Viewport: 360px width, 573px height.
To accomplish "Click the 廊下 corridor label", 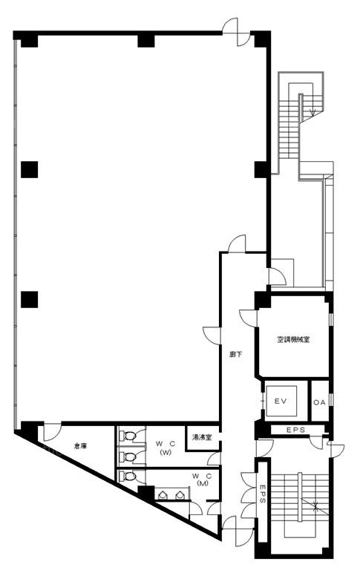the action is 236,354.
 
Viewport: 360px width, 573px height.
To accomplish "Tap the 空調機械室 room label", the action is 293,340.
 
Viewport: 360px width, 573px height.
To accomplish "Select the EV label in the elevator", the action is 281,402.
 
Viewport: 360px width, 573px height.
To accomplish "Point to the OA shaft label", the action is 319,402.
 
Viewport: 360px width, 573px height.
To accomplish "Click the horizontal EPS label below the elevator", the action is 295,430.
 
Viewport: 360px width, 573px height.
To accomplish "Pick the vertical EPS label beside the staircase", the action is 263,494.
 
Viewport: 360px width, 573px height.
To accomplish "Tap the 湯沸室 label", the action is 202,437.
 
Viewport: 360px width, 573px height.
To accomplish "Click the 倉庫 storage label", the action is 80,446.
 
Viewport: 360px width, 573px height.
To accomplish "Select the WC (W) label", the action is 166,448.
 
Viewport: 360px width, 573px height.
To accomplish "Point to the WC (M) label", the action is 202,479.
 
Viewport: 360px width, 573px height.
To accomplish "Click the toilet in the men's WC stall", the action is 128,477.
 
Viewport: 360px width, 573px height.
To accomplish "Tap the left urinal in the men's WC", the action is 163,495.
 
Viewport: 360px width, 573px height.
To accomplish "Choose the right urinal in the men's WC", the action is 179,495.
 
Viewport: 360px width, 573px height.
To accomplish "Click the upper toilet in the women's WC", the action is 128,436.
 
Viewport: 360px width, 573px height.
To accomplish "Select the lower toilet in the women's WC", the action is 128,456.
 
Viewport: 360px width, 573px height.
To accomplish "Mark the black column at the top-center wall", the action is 146,39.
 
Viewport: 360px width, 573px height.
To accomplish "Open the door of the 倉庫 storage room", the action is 52,432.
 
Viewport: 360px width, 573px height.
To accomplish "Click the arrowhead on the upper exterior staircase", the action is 312,113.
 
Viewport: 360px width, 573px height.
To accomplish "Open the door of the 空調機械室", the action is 249,318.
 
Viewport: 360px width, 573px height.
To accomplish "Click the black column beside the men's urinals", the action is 146,493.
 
